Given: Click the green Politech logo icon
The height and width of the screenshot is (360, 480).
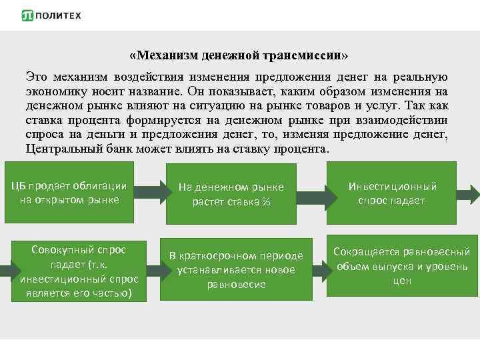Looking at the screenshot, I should point(28,15).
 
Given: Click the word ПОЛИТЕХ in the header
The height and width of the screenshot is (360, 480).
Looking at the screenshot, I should point(60,15).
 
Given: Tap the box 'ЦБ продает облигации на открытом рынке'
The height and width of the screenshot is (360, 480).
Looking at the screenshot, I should point(69,192).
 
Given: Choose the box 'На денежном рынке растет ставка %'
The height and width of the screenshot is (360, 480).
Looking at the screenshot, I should point(231,194).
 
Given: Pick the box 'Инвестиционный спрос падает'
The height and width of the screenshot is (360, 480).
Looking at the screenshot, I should point(392,193).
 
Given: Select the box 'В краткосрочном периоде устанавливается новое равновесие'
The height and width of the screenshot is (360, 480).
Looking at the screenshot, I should point(236,269).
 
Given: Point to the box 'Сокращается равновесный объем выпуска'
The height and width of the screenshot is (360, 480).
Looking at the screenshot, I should point(401,266).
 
